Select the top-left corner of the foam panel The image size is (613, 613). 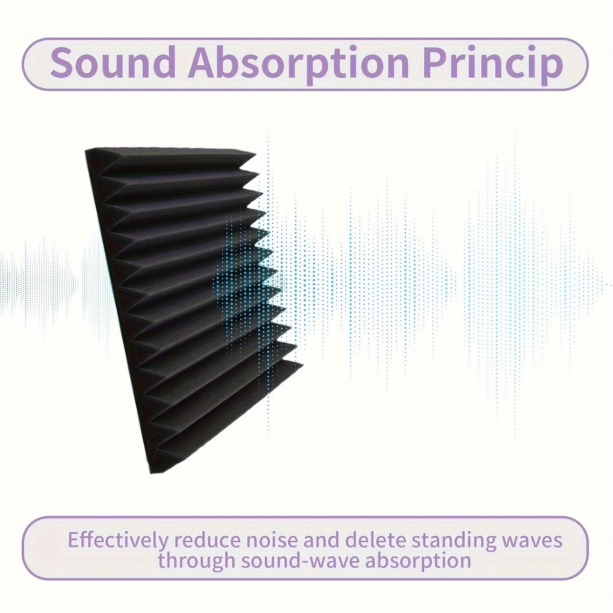tap(86, 150)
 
